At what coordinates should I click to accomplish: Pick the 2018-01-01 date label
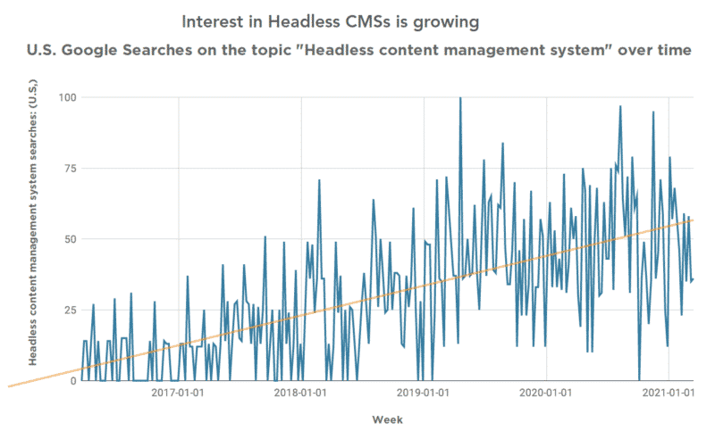pyautogui.click(x=301, y=392)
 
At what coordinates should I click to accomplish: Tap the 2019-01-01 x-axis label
pyautogui.click(x=424, y=392)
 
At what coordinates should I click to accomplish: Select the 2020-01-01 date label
pyautogui.click(x=546, y=392)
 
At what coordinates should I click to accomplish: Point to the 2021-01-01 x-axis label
pyautogui.click(x=669, y=392)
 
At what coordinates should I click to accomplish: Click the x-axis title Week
pyautogui.click(x=386, y=419)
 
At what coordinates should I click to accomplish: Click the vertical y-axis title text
pyautogui.click(x=34, y=238)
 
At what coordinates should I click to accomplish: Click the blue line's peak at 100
pyautogui.click(x=460, y=97)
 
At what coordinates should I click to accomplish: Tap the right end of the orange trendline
pyautogui.click(x=694, y=220)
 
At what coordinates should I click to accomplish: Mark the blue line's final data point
pyautogui.click(x=694, y=279)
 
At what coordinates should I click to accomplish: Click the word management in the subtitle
pyautogui.click(x=507, y=50)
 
